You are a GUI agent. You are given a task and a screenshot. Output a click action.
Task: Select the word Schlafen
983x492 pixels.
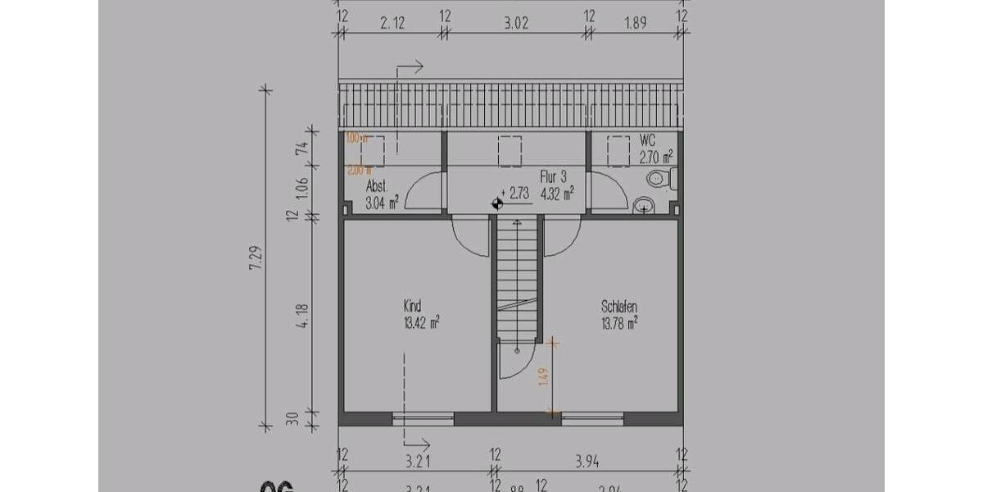click(619, 307)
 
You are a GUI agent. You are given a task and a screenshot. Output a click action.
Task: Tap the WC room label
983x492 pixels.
click(647, 140)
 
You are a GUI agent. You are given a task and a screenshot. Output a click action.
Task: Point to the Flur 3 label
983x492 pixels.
click(554, 176)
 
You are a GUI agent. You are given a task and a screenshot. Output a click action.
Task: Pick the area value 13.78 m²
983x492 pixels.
click(619, 322)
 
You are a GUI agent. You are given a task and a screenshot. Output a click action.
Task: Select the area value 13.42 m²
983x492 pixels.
click(421, 321)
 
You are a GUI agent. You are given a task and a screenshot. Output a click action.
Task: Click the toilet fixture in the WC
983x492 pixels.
click(659, 178)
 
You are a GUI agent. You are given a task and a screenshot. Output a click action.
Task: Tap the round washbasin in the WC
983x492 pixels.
click(644, 204)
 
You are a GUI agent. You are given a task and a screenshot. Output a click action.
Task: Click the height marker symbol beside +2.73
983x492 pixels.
click(497, 203)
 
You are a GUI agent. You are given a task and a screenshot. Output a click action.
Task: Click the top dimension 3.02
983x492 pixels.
click(514, 23)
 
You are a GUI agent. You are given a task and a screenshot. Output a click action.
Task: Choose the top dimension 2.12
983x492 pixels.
click(392, 23)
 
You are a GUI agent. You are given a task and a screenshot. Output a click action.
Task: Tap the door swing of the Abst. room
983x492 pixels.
click(424, 193)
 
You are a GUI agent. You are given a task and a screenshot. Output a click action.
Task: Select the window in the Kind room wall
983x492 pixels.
click(423, 418)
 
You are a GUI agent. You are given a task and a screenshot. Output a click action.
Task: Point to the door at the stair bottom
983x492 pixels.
click(514, 361)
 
